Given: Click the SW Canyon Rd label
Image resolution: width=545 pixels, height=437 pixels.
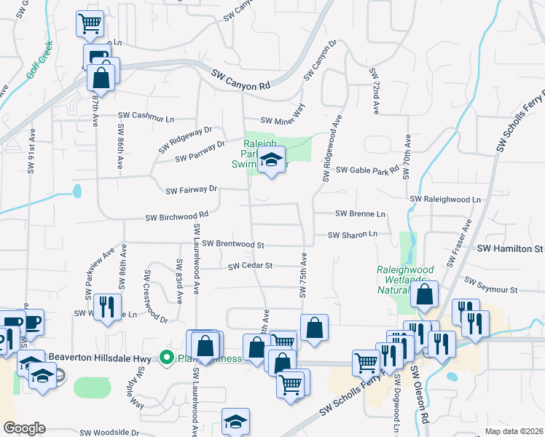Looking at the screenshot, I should tap(241, 80).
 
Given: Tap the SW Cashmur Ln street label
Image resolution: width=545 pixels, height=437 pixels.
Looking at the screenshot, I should tap(148, 117).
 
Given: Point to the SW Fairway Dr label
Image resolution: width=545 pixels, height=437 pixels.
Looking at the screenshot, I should tap(192, 190).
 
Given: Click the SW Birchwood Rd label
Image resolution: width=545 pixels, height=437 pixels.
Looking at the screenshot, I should tap(177, 216).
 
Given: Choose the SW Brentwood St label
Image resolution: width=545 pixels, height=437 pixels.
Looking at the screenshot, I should tap(232, 244).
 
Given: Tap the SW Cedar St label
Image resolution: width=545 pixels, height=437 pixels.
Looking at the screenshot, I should tap(250, 266).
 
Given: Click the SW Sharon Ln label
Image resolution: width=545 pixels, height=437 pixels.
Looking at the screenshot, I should tap(353, 235).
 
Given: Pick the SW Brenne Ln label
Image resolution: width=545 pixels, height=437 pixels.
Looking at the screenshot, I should tap(359, 214).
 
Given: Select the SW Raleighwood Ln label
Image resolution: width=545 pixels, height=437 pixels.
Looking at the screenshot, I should tap(446, 199).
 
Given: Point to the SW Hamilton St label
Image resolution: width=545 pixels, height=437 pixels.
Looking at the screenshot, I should tap(510, 248).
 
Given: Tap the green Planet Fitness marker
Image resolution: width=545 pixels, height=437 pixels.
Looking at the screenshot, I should tap(166, 357).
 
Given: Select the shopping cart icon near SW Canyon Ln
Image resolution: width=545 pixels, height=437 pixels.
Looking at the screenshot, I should tap(90, 24).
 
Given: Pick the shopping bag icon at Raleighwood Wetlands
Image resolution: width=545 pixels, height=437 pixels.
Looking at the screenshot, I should tap(424, 294).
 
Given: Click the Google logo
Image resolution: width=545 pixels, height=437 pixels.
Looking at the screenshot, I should tap(24, 428).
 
